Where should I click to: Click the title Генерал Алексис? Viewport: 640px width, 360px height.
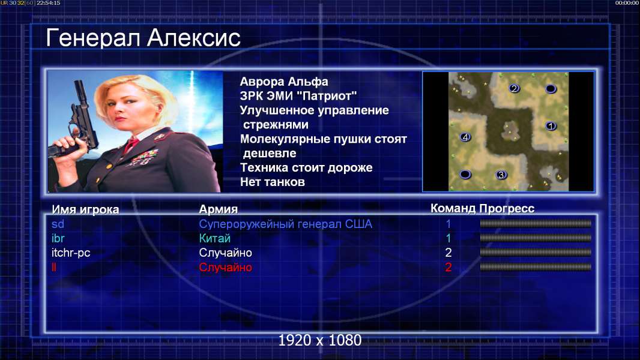[143, 38]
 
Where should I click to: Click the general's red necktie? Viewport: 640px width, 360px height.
[131, 145]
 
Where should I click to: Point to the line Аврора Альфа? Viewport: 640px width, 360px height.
[283, 82]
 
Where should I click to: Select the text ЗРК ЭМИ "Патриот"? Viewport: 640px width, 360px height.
[298, 96]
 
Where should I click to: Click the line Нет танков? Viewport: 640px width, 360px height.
[272, 182]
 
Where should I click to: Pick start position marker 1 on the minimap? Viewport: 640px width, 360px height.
[551, 126]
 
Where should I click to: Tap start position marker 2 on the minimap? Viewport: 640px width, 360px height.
[514, 88]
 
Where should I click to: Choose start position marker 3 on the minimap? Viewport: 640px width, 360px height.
[501, 175]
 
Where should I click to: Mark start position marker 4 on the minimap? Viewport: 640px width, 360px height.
[465, 137]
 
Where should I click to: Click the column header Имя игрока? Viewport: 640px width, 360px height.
[85, 209]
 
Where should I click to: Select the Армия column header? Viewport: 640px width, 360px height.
[219, 209]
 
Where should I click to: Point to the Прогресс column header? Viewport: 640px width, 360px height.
[507, 209]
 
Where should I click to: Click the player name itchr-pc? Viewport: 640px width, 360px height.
[71, 253]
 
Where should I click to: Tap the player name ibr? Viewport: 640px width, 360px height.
[58, 238]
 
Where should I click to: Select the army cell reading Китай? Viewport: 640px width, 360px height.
[215, 238]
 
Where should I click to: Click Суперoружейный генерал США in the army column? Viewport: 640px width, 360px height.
[285, 224]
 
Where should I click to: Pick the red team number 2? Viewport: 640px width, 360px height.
[448, 268]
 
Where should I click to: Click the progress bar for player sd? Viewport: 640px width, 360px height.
[536, 223]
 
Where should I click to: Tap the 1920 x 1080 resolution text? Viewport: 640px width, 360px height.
[320, 340]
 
